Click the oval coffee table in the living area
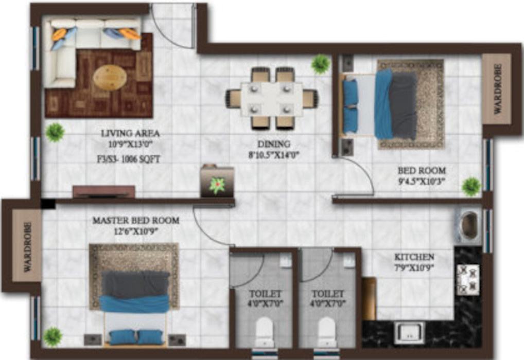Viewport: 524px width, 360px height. click(x=110, y=78)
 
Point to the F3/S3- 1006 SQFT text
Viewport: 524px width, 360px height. click(x=128, y=159)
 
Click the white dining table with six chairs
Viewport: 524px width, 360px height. click(x=271, y=98)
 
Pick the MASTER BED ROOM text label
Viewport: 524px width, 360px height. click(x=136, y=221)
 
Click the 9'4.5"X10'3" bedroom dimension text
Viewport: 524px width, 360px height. click(x=422, y=181)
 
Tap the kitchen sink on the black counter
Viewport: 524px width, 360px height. click(x=409, y=332)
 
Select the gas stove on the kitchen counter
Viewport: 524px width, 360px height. click(x=467, y=280)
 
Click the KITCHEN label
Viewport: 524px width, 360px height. click(x=414, y=257)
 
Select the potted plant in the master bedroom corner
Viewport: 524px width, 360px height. click(x=52, y=337)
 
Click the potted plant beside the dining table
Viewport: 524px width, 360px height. click(x=321, y=64)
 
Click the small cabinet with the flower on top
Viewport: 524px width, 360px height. click(x=217, y=181)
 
